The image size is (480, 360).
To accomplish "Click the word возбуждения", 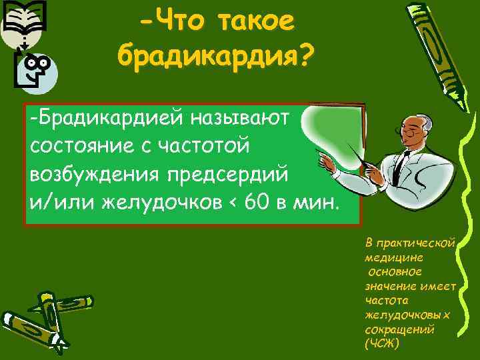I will pyautogui.click(x=93, y=172).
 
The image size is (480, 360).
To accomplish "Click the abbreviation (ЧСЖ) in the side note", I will pyautogui.click(x=382, y=344).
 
